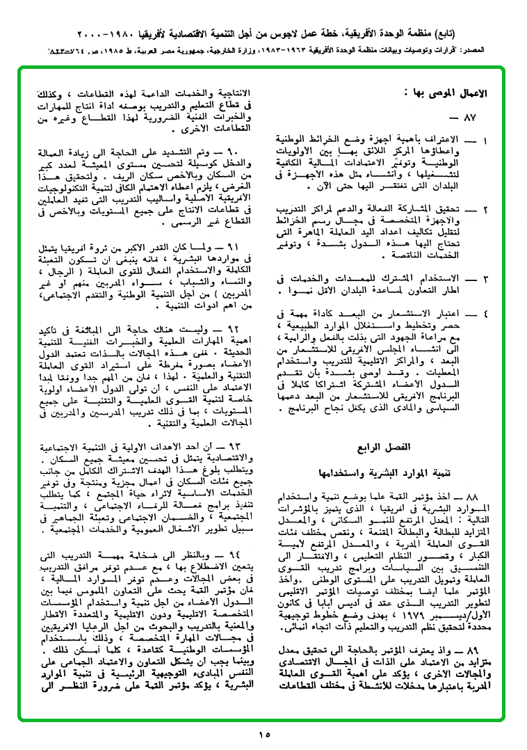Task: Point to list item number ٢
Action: (485, 209)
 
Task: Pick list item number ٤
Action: (485, 314)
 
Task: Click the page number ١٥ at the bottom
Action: (263, 735)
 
